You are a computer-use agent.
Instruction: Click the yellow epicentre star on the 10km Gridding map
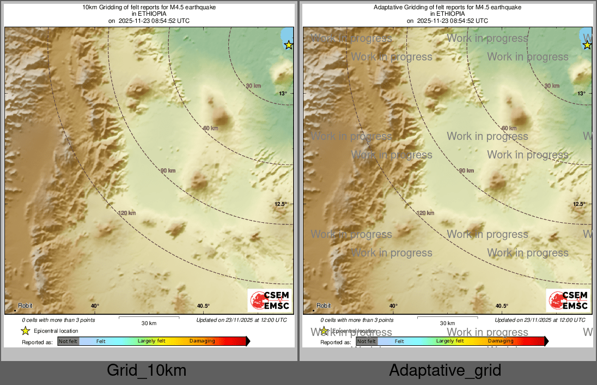click(x=289, y=45)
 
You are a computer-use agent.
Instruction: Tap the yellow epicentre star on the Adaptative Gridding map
click(x=587, y=45)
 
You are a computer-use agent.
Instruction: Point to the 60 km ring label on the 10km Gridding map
click(x=210, y=129)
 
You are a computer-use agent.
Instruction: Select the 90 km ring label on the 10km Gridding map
click(x=168, y=171)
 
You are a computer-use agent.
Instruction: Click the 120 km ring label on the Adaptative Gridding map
click(x=425, y=213)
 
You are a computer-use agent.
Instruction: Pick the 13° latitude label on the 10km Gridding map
click(x=283, y=94)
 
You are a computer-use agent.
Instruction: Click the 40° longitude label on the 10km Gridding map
click(x=95, y=306)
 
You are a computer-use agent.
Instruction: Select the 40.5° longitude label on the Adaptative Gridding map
click(x=502, y=306)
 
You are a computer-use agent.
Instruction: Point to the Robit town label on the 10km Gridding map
click(x=26, y=306)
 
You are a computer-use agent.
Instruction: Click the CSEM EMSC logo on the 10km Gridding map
click(x=270, y=301)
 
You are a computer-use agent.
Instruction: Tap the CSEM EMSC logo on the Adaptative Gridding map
click(x=568, y=301)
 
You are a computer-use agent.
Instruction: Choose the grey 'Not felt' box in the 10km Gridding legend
click(x=68, y=341)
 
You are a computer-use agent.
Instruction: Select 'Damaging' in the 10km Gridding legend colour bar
click(x=202, y=341)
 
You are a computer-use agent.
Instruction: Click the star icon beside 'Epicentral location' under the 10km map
click(x=25, y=331)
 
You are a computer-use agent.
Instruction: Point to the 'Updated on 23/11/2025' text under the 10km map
click(x=241, y=320)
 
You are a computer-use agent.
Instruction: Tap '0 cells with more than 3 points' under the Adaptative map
click(x=357, y=320)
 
